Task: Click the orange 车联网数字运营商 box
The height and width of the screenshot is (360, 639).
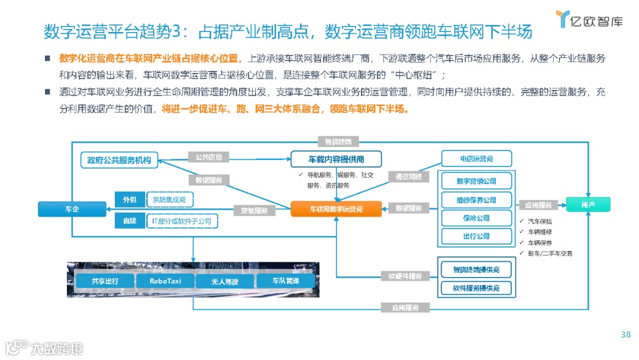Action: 336,209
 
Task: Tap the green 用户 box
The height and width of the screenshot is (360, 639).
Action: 588,205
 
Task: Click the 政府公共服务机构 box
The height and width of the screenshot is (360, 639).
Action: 119,160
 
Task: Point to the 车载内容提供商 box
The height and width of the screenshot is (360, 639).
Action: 336,159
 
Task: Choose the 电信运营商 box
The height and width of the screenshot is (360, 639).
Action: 476,159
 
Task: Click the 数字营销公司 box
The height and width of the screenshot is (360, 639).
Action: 476,181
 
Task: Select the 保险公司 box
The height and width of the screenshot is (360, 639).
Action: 476,218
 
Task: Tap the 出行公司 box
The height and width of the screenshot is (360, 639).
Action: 476,236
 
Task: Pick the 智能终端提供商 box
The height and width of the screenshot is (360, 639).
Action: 476,269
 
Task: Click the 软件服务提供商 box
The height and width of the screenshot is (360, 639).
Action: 476,288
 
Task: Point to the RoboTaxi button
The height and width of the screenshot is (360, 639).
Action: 165,281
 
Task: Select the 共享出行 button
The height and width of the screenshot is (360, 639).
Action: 105,281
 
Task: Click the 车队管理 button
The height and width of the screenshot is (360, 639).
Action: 285,281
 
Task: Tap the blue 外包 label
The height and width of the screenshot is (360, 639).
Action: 130,200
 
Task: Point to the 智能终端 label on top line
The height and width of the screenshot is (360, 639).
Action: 338,142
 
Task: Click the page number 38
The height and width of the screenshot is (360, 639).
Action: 625,335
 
